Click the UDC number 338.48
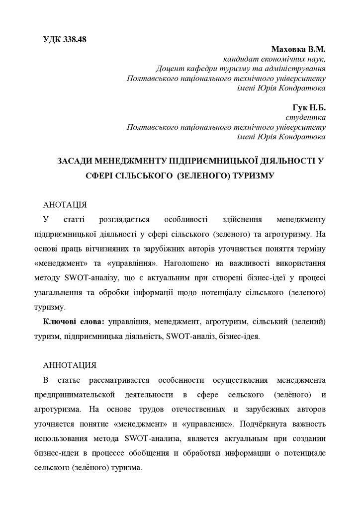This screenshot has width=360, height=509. pyautogui.click(x=75, y=40)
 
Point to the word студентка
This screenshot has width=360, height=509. pyautogui.click(x=306, y=118)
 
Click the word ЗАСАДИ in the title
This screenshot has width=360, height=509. pyautogui.click(x=75, y=161)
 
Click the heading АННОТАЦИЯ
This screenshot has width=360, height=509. pyautogui.click(x=70, y=365)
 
